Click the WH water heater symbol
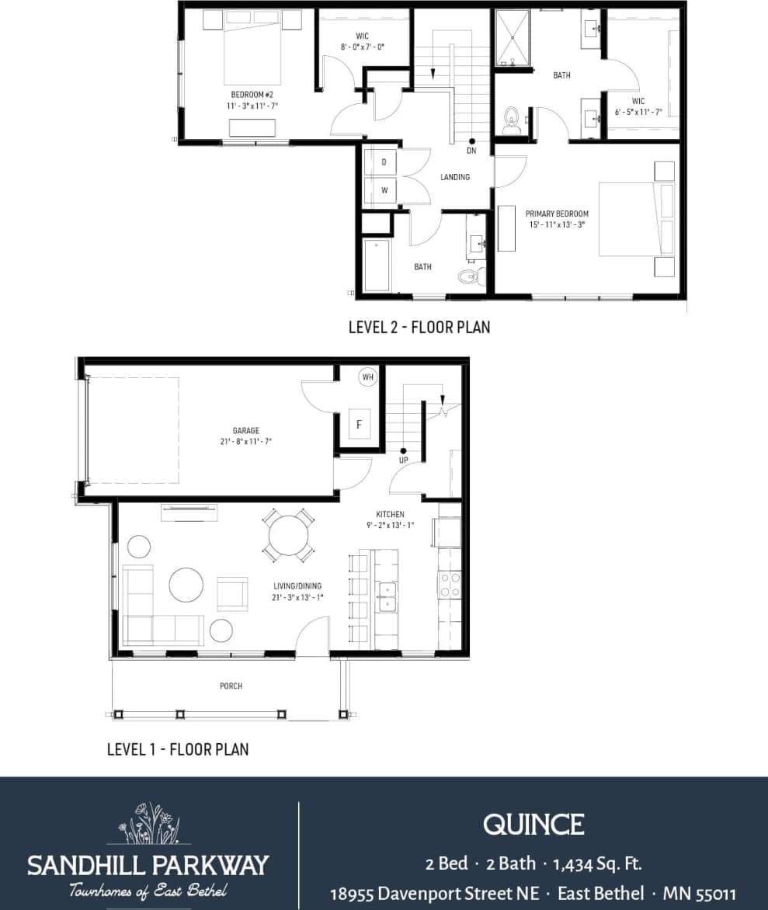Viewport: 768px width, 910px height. pyautogui.click(x=367, y=377)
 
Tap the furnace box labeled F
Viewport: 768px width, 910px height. pyautogui.click(x=359, y=424)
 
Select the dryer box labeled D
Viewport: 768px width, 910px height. pyautogui.click(x=383, y=162)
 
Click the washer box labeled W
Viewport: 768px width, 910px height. pyautogui.click(x=383, y=189)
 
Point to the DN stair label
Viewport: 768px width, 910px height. pyautogui.click(x=471, y=150)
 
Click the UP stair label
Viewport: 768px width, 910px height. pyautogui.click(x=403, y=460)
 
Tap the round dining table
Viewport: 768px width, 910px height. pyautogui.click(x=289, y=535)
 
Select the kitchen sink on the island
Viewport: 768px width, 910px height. pyautogui.click(x=386, y=597)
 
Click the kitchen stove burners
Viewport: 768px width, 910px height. pyautogui.click(x=450, y=585)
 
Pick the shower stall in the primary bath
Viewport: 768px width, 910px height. pyautogui.click(x=511, y=37)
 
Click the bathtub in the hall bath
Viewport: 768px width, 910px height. pyautogui.click(x=377, y=266)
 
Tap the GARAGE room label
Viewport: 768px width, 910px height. pyautogui.click(x=245, y=430)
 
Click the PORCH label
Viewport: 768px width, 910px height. pyautogui.click(x=231, y=686)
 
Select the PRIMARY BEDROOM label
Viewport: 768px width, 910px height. pyautogui.click(x=557, y=214)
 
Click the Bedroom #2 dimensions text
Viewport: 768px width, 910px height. pyautogui.click(x=252, y=105)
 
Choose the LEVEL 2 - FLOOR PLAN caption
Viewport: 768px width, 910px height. pyautogui.click(x=419, y=327)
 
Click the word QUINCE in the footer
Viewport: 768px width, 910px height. pyautogui.click(x=533, y=824)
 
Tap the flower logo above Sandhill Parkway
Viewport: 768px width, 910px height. pyautogui.click(x=148, y=824)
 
